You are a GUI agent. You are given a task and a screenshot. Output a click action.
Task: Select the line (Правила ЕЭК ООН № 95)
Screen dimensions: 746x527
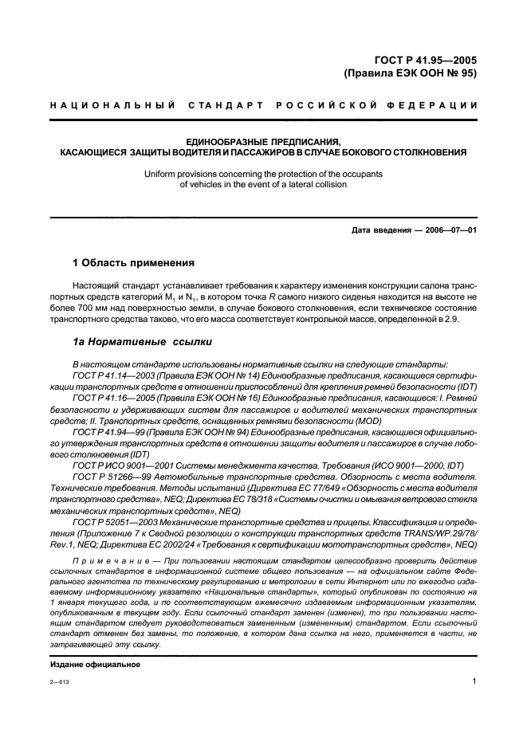[410, 73]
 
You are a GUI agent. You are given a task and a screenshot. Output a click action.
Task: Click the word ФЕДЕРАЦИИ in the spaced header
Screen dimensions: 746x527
[438, 105]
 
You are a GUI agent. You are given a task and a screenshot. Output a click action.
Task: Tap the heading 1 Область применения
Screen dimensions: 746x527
[133, 263]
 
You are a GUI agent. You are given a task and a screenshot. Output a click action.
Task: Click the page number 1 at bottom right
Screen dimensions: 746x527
[474, 681]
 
